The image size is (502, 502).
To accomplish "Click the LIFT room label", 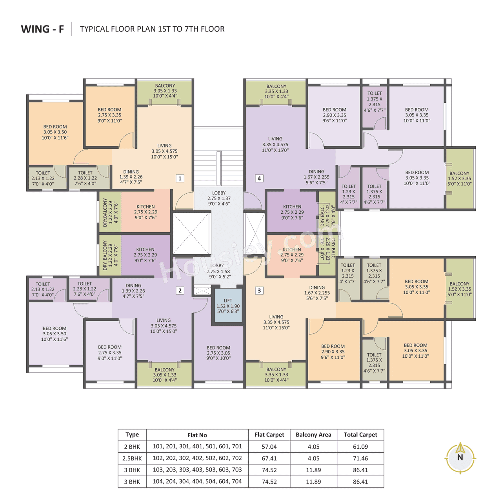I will click(x=228, y=306).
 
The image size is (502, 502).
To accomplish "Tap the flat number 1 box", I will click(x=180, y=178).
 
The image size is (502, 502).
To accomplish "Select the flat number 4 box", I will click(x=259, y=178).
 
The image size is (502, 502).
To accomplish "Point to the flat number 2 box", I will click(x=180, y=291).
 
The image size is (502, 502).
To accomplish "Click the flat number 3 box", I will click(x=259, y=291).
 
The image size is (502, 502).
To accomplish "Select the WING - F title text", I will click(x=42, y=29).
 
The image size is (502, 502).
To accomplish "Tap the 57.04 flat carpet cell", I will click(x=269, y=447).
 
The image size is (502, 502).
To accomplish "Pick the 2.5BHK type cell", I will click(x=132, y=458).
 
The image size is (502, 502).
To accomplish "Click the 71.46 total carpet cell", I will click(x=360, y=458).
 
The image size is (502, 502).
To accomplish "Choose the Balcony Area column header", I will click(x=313, y=435).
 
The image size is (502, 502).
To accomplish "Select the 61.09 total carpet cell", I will click(x=360, y=447).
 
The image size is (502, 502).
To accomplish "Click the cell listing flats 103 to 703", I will click(x=197, y=470).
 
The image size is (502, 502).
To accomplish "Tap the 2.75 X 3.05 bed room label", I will click(x=218, y=353).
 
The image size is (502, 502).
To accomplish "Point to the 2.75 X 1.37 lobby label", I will click(x=219, y=198).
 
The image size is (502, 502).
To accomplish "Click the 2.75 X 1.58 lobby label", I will click(x=218, y=271).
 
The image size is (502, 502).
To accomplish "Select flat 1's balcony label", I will click(x=165, y=91).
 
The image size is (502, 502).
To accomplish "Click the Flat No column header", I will click(x=197, y=435).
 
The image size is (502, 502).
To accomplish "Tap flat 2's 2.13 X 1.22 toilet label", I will click(x=43, y=289).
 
